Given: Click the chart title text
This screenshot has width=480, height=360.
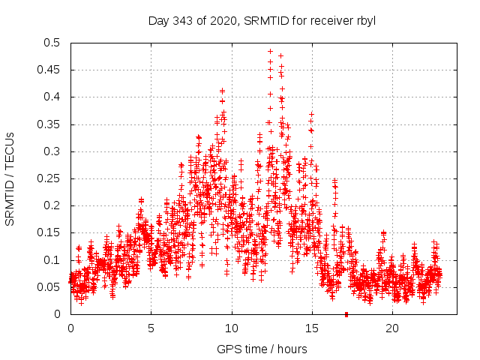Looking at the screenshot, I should tap(261, 20).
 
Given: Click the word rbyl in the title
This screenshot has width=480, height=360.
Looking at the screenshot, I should tap(364, 20).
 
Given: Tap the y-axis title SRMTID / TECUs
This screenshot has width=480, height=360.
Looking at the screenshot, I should tap(10, 178).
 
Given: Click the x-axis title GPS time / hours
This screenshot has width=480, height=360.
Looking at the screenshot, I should tap(262, 349).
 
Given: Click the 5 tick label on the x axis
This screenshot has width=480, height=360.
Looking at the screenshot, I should tap(151, 328).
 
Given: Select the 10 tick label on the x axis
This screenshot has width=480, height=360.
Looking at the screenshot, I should tap(232, 328).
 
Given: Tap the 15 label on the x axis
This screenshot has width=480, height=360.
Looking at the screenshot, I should tap(312, 328).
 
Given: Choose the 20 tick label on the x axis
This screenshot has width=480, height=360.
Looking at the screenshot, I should tap(392, 328).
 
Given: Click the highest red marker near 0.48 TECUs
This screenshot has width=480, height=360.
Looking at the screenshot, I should tap(270, 52).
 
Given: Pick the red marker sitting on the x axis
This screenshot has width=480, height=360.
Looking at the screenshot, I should tap(346, 314).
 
